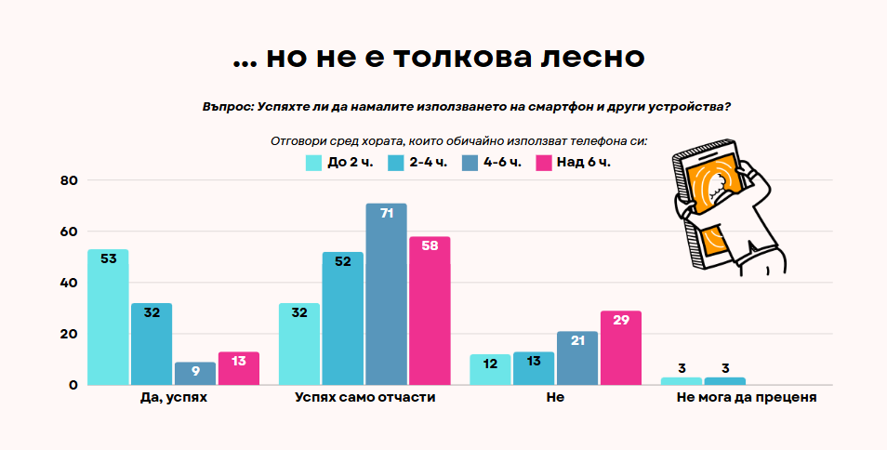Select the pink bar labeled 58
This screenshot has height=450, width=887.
pos(429,311)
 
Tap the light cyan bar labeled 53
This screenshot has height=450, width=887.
pos(108,317)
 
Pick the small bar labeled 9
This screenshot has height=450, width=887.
pos(195,374)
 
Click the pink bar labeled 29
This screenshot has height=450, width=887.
pos(620,348)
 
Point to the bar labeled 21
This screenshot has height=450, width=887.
pos(577,358)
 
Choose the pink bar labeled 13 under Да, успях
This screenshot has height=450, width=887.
pos(239,368)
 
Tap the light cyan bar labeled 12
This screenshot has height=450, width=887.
pos(491,369)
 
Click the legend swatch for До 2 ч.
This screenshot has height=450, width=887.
pos(313,163)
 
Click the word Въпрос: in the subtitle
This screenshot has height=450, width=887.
pos(227,107)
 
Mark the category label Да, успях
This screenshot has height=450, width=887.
pos(173,397)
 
